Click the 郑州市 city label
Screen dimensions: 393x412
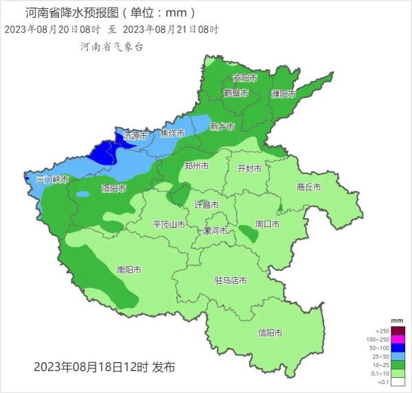point(196,166)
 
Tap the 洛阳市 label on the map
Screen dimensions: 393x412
point(113,188)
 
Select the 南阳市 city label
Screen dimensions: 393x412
point(129,270)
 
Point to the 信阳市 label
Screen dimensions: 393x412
point(270,333)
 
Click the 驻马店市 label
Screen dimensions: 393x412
point(231,281)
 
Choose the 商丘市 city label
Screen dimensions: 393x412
point(309,187)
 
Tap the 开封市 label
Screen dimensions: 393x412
point(249,169)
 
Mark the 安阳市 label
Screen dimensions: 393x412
point(244,78)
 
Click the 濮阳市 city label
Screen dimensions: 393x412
point(283,94)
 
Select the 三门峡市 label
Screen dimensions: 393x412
point(52,180)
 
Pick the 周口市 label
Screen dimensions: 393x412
point(267,224)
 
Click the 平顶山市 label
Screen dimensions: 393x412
point(168,225)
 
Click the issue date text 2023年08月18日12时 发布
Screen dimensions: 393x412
point(104,368)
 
